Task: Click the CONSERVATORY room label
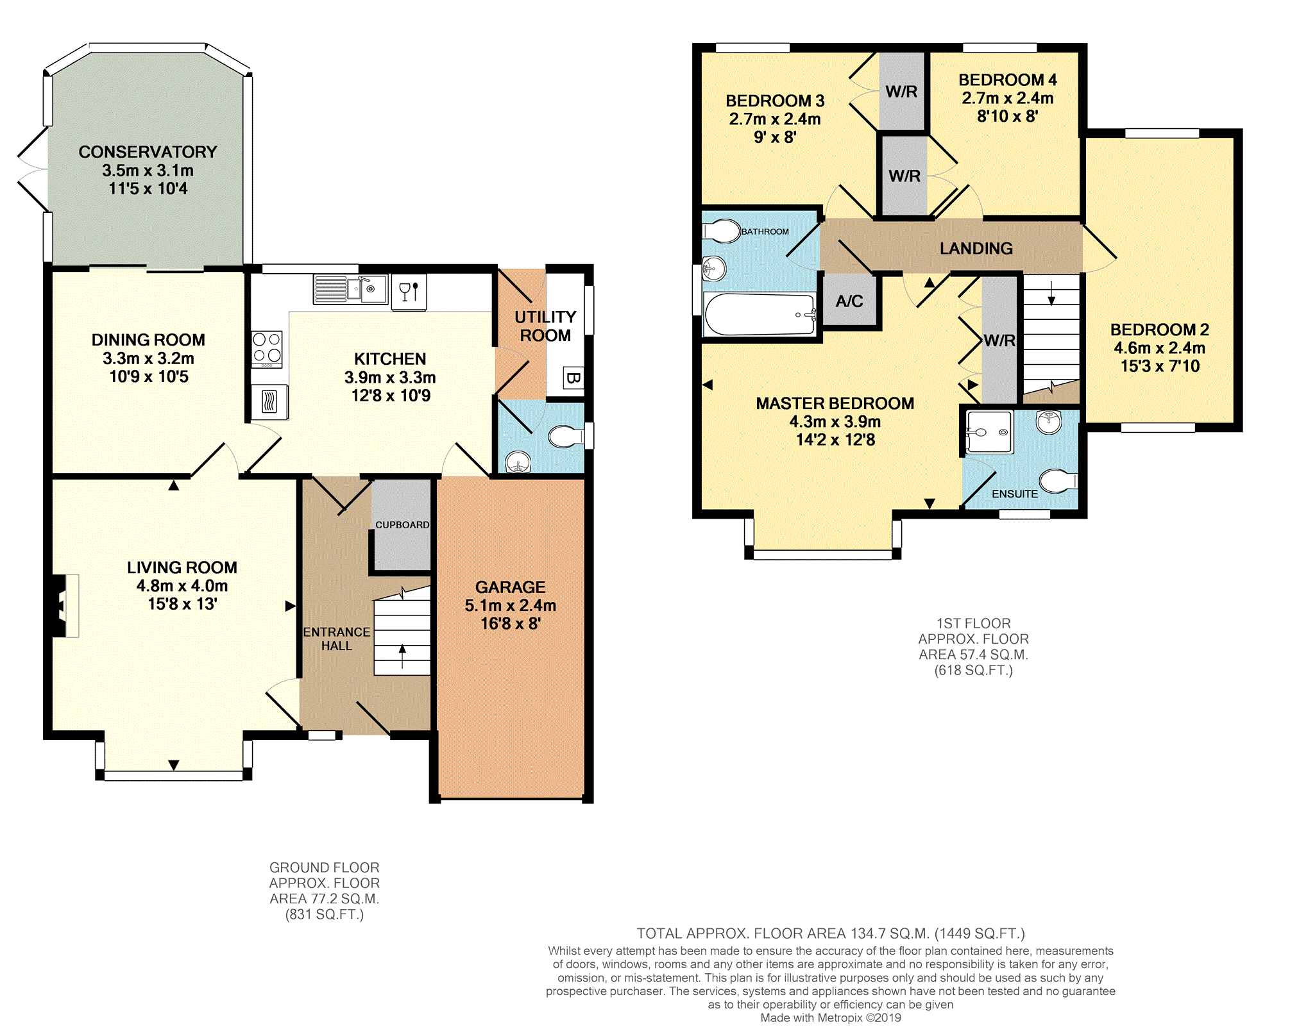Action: [148, 152]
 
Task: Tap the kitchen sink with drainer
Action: [351, 289]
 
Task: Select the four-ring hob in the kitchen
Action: [267, 349]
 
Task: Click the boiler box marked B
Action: [572, 378]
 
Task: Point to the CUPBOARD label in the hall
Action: [402, 524]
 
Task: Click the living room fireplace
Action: [65, 606]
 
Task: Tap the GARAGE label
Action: [510, 587]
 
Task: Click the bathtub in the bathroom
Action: [760, 314]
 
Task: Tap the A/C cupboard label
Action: [849, 301]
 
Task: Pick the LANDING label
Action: [976, 249]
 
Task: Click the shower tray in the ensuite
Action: [990, 432]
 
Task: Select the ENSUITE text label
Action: [1015, 494]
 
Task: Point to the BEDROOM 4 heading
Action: [1007, 80]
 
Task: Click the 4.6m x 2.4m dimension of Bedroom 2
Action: [1160, 348]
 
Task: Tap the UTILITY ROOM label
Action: [545, 326]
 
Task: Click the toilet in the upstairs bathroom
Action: [722, 231]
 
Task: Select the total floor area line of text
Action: [831, 933]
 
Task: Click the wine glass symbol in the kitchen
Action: [405, 292]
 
